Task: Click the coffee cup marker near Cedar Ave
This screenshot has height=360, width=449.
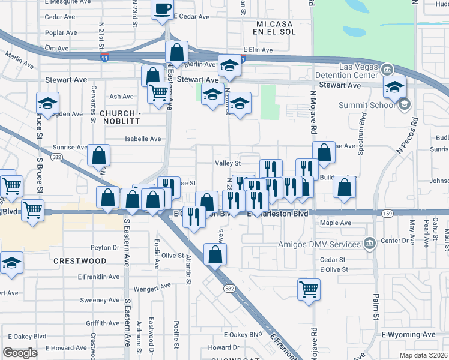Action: (x=163, y=9)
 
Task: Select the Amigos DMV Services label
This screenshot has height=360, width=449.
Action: (x=323, y=243)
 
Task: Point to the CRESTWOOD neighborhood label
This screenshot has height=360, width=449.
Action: (x=79, y=261)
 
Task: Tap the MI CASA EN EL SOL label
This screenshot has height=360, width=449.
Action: (x=268, y=26)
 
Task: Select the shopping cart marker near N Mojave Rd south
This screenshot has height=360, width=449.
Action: (x=309, y=290)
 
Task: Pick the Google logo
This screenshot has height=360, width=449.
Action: (x=20, y=353)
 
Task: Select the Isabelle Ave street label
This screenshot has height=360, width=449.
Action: (x=143, y=139)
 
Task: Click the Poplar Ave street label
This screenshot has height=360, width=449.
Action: (x=61, y=32)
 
